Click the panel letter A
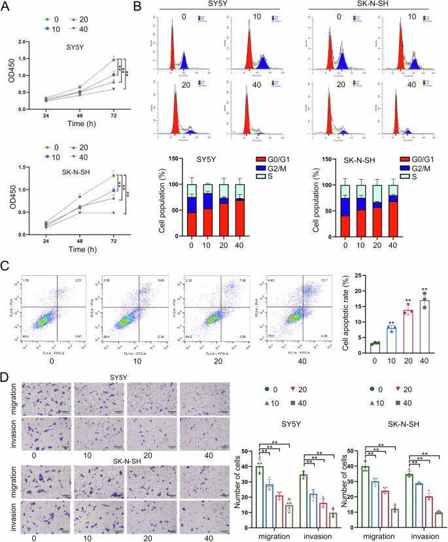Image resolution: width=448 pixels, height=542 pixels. click(x=7, y=7)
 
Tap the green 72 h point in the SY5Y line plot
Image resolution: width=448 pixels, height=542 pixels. click(x=112, y=60)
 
